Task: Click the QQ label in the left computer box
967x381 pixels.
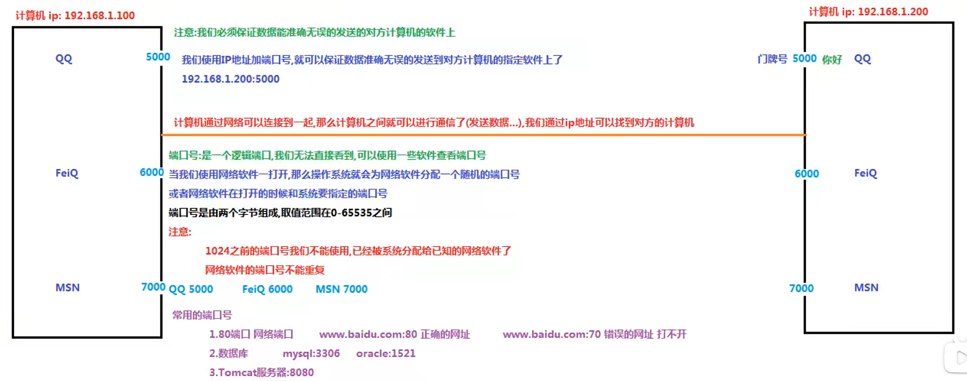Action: click(64, 59)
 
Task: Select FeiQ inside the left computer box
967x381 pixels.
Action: click(67, 173)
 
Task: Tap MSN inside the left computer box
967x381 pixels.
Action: click(67, 288)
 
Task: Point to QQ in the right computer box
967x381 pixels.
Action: click(862, 59)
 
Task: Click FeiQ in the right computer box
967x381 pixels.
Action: click(865, 173)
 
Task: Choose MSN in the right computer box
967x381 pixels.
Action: click(866, 288)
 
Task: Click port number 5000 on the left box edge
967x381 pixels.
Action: click(158, 57)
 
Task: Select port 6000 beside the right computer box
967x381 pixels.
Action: click(806, 174)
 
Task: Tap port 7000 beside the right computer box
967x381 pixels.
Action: click(801, 289)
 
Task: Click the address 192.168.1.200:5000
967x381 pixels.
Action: click(230, 79)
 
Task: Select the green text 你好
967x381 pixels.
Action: click(832, 59)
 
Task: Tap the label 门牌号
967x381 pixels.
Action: click(772, 59)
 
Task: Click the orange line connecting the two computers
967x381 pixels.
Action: click(484, 134)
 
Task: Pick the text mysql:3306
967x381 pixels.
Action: click(311, 353)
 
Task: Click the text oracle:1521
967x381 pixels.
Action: click(385, 353)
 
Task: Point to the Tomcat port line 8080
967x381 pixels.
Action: click(261, 372)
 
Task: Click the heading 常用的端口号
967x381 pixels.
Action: click(202, 315)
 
